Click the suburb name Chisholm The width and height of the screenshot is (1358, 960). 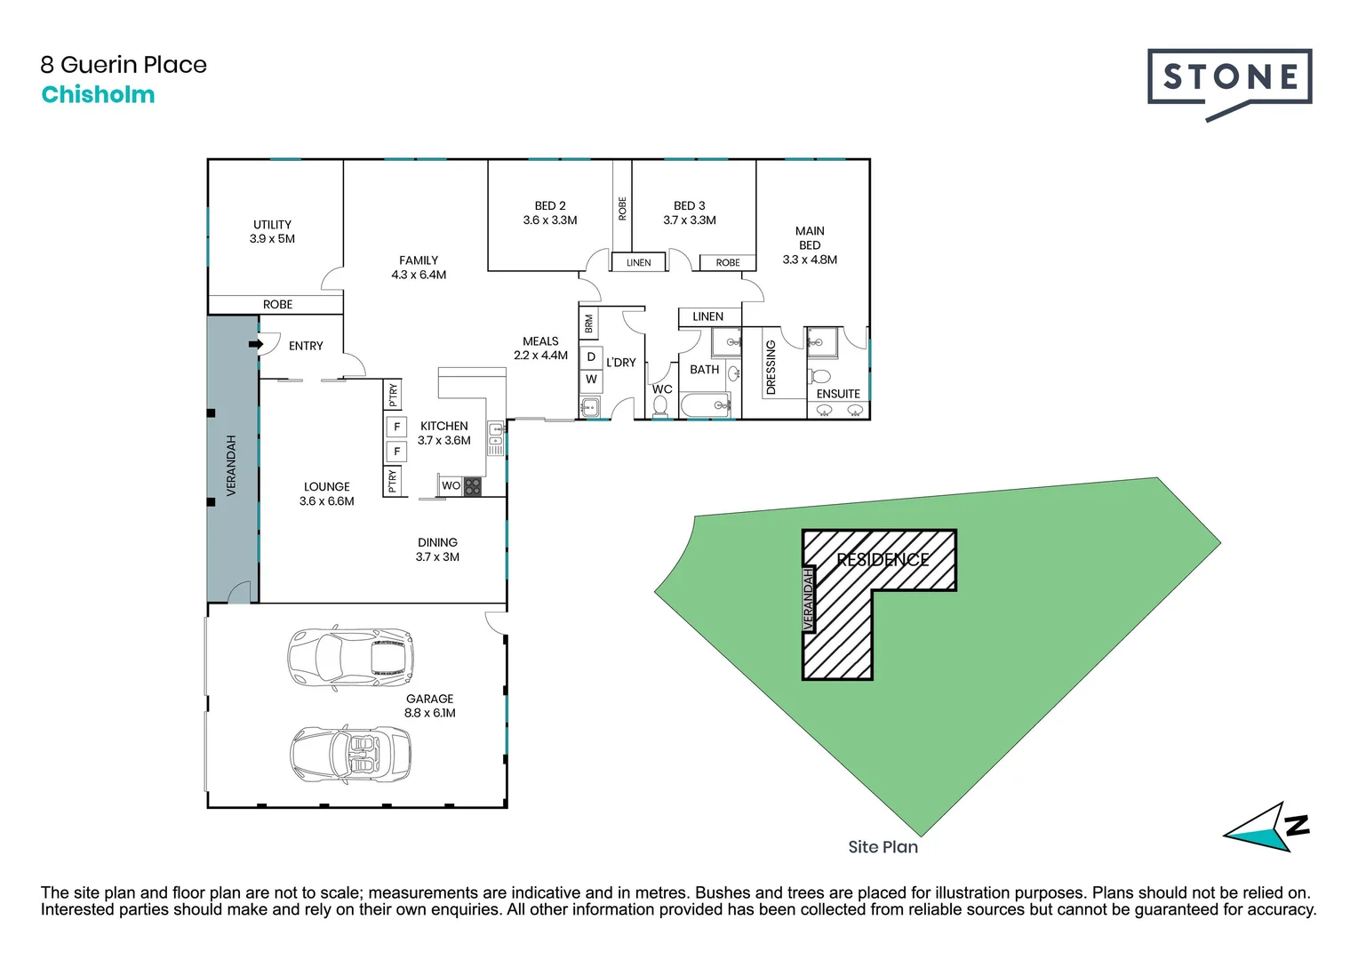coord(98,95)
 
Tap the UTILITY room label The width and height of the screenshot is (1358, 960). coord(272,225)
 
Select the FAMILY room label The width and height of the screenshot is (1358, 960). coord(419,260)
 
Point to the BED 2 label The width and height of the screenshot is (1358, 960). coord(550,205)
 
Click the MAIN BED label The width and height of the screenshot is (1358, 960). coord(810,237)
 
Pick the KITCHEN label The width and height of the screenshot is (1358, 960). coord(444,426)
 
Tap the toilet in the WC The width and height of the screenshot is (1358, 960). coord(660,406)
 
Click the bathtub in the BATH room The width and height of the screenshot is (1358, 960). coord(706,406)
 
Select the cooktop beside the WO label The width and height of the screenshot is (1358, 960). coord(473,486)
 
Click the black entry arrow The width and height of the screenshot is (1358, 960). coord(256,344)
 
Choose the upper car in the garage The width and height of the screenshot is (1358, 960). coord(350,658)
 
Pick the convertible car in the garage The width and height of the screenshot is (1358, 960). coord(350,755)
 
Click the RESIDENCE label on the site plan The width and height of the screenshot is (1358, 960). coord(883,559)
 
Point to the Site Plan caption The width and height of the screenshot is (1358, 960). coord(883,847)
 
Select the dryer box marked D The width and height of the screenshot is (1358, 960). coord(591,357)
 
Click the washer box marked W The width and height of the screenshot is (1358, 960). coord(591,380)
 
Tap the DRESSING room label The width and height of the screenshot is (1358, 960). coord(771,367)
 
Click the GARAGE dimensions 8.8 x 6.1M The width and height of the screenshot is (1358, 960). coord(430,713)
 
